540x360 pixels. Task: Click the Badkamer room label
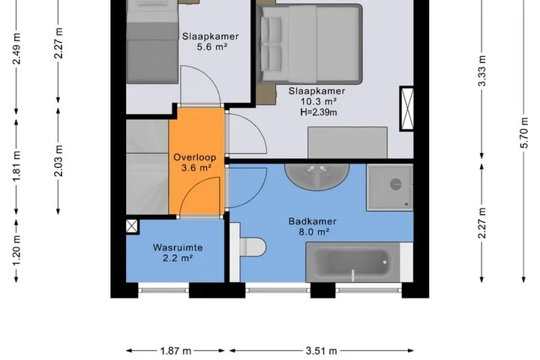[x=312, y=221]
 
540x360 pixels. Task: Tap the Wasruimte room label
[x=178, y=247]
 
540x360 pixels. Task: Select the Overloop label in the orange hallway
[x=195, y=157]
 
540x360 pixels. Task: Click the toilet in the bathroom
[x=253, y=247]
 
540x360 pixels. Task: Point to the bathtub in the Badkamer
[x=352, y=262]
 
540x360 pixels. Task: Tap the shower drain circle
[x=396, y=184]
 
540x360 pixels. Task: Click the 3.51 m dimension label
[x=321, y=351]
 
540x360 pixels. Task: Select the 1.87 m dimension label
[x=175, y=351]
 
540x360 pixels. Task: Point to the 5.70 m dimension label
[x=523, y=133]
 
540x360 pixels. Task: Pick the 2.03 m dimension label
[x=58, y=161]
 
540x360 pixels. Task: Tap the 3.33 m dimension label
[x=481, y=71]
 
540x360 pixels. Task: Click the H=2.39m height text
[x=319, y=112]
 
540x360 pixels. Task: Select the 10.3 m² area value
[x=319, y=102]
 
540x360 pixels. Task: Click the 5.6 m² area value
[x=212, y=46]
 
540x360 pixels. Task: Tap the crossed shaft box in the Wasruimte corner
[x=132, y=226]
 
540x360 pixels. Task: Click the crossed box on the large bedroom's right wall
[x=407, y=109]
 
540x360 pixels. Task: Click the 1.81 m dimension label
[x=16, y=166]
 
